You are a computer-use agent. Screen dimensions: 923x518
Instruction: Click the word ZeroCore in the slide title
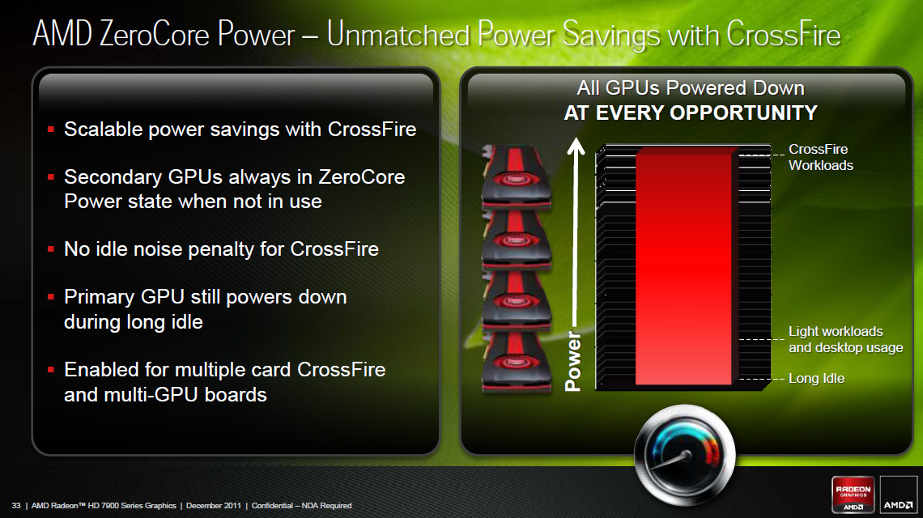click(x=154, y=33)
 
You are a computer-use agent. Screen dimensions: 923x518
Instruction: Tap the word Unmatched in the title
click(x=398, y=33)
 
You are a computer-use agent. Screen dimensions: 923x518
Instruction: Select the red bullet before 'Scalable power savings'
click(x=51, y=129)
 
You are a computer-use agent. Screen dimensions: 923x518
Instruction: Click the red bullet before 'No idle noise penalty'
click(x=51, y=249)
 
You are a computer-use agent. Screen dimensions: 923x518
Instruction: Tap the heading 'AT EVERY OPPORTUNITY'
click(x=691, y=113)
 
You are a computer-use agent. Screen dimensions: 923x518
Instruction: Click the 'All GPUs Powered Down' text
click(x=691, y=87)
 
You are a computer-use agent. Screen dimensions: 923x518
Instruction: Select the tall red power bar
click(x=684, y=269)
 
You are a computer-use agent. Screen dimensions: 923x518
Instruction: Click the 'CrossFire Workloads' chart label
click(x=820, y=157)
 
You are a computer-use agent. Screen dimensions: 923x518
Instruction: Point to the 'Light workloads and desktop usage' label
click(x=846, y=340)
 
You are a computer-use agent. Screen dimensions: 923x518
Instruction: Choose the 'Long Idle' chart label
click(x=816, y=379)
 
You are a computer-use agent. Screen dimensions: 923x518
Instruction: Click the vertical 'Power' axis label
click(x=572, y=362)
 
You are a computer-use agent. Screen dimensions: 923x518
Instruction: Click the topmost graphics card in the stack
click(x=517, y=176)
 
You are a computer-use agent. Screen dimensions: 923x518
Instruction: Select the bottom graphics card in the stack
click(x=517, y=361)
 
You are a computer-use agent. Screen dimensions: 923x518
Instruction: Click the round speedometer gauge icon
click(x=685, y=454)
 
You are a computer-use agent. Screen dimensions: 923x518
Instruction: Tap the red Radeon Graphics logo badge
click(x=853, y=494)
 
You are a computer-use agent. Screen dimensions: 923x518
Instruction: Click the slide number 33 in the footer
click(x=16, y=506)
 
